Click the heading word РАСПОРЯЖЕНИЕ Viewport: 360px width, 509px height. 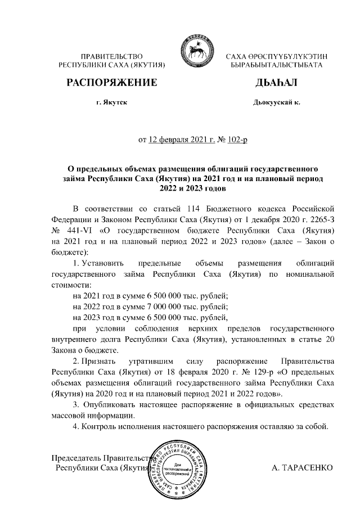tap(111, 83)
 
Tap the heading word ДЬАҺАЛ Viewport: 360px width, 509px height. tap(276, 83)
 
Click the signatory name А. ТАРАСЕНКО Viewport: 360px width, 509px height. tap(301, 468)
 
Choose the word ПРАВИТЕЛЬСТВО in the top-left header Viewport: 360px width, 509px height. tap(111, 57)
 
